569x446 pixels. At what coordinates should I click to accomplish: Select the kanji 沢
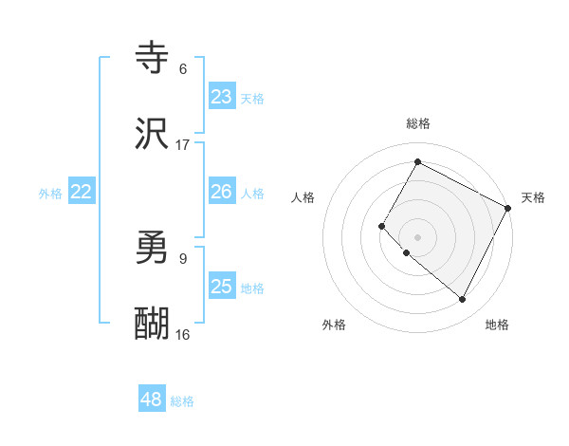[x=153, y=134]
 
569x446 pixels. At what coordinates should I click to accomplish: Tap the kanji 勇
[x=153, y=249]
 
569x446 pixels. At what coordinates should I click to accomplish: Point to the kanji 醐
[x=153, y=324]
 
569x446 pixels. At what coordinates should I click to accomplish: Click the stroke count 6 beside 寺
[x=183, y=68]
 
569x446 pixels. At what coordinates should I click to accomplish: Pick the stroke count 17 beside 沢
[x=183, y=144]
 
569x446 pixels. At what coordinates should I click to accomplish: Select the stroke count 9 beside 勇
[x=183, y=258]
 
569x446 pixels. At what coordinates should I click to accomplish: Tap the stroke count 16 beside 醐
[x=183, y=334]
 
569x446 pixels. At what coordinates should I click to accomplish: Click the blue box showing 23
[x=222, y=97]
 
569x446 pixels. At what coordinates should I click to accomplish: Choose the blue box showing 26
[x=222, y=192]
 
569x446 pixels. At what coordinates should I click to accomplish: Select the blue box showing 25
[x=222, y=287]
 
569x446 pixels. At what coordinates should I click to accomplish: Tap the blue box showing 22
[x=82, y=192]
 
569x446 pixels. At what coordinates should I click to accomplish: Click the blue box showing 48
[x=152, y=400]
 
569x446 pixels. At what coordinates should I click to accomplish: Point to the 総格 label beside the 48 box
[x=182, y=401]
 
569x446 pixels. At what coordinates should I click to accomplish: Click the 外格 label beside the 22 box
[x=50, y=194]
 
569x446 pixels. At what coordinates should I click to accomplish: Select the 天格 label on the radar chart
[x=533, y=197]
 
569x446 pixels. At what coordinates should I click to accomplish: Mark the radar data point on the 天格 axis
[x=509, y=207]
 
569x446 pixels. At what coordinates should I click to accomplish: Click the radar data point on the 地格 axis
[x=463, y=300]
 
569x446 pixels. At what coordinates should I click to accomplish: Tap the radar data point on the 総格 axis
[x=417, y=161]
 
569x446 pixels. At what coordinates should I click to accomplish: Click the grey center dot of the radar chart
[x=417, y=236]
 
